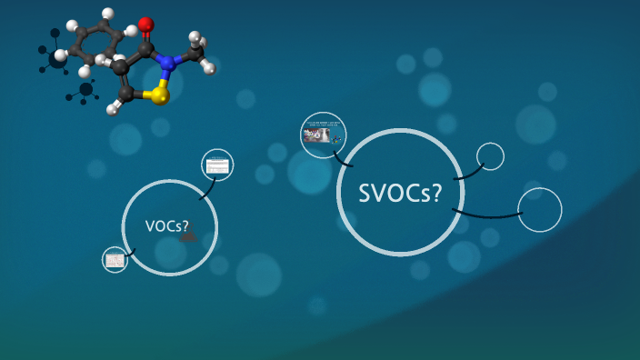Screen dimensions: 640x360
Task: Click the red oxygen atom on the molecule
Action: pyautogui.click(x=145, y=25)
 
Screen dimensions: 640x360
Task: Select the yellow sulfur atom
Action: pyautogui.click(x=160, y=95)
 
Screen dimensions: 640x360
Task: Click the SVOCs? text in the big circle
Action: pyautogui.click(x=400, y=193)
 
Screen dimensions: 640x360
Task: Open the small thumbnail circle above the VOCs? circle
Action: pyautogui.click(x=217, y=165)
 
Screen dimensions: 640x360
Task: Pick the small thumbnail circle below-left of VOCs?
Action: pyautogui.click(x=115, y=260)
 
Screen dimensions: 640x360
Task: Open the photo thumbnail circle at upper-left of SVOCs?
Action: pyautogui.click(x=323, y=135)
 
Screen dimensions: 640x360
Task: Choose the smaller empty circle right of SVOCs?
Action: pyautogui.click(x=490, y=156)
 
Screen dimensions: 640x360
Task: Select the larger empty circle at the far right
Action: pyautogui.click(x=540, y=210)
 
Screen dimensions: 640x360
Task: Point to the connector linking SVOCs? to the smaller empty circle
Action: pyautogui.click(x=469, y=173)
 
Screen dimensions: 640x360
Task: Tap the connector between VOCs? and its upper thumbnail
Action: pyautogui.click(x=206, y=190)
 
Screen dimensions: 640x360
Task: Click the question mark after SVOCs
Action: pyautogui.click(x=436, y=193)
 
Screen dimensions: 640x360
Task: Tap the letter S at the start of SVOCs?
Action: pyautogui.click(x=365, y=193)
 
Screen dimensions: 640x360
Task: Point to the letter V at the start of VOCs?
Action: pyautogui.click(x=150, y=226)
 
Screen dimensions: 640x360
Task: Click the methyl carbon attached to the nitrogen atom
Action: pyautogui.click(x=195, y=53)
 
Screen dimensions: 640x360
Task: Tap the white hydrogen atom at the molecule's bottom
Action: pyautogui.click(x=113, y=109)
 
